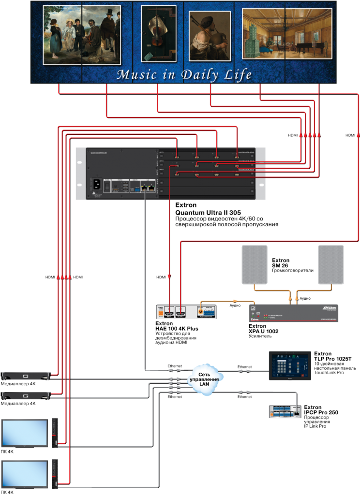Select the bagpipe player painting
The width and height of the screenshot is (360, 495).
210,36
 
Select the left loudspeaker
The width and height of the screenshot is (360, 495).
255,264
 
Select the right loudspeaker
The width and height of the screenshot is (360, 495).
331,264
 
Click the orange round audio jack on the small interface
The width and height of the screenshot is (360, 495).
200,312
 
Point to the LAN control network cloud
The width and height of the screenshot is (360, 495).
205,379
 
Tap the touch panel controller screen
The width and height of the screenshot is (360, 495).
289,365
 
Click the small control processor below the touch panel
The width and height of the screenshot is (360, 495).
285,411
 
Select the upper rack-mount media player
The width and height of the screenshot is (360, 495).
27,375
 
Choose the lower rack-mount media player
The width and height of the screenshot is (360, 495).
27,396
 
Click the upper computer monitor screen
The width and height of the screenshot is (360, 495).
24,432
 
